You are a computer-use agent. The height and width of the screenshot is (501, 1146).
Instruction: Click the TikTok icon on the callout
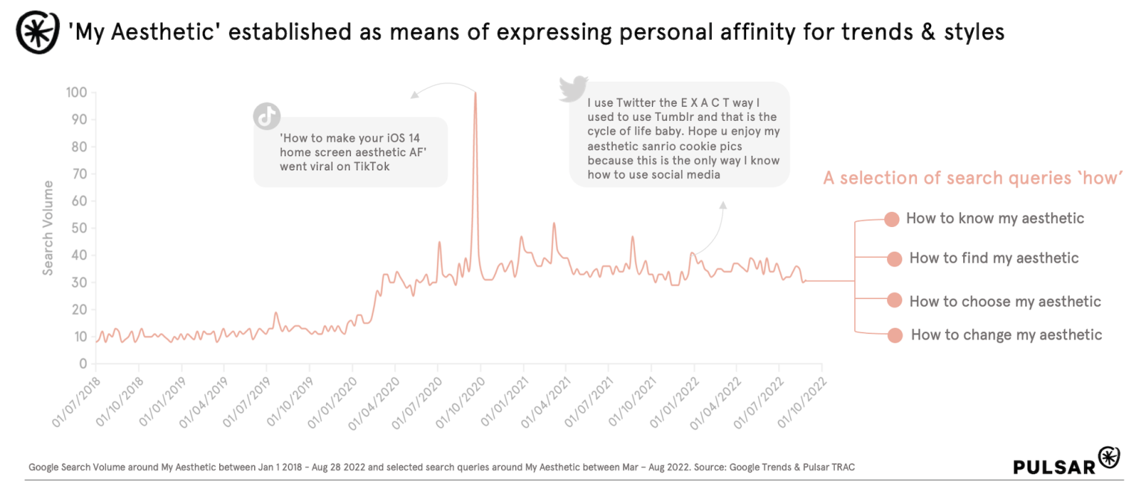(266, 116)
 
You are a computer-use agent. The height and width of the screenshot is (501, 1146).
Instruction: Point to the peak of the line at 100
(475, 93)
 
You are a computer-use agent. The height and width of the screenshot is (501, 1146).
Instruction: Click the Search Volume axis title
(48, 228)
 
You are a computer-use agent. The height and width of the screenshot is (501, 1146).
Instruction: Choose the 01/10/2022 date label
(802, 402)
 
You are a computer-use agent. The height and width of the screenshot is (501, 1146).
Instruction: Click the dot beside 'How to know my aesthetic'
(891, 220)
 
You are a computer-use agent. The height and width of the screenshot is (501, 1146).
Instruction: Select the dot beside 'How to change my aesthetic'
(895, 335)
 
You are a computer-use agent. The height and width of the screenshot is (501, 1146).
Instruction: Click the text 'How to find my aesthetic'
(994, 258)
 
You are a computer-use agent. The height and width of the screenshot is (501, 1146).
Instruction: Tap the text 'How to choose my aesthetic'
(1005, 302)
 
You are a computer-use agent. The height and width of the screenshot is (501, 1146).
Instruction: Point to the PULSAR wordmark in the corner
(1053, 467)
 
